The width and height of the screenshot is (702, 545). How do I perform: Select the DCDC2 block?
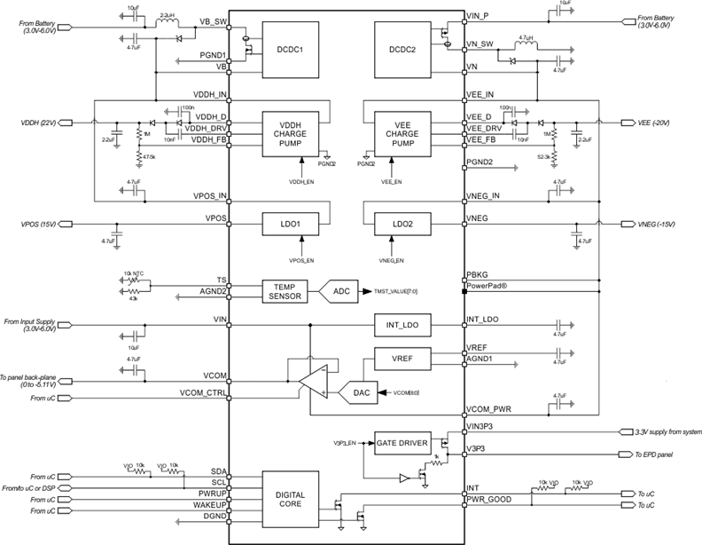click(405, 51)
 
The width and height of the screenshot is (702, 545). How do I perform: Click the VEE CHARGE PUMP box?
click(405, 134)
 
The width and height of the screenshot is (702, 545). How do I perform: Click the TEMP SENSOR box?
click(285, 290)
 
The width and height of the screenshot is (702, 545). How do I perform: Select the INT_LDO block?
click(405, 327)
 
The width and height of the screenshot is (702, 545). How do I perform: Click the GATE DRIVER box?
click(402, 442)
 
